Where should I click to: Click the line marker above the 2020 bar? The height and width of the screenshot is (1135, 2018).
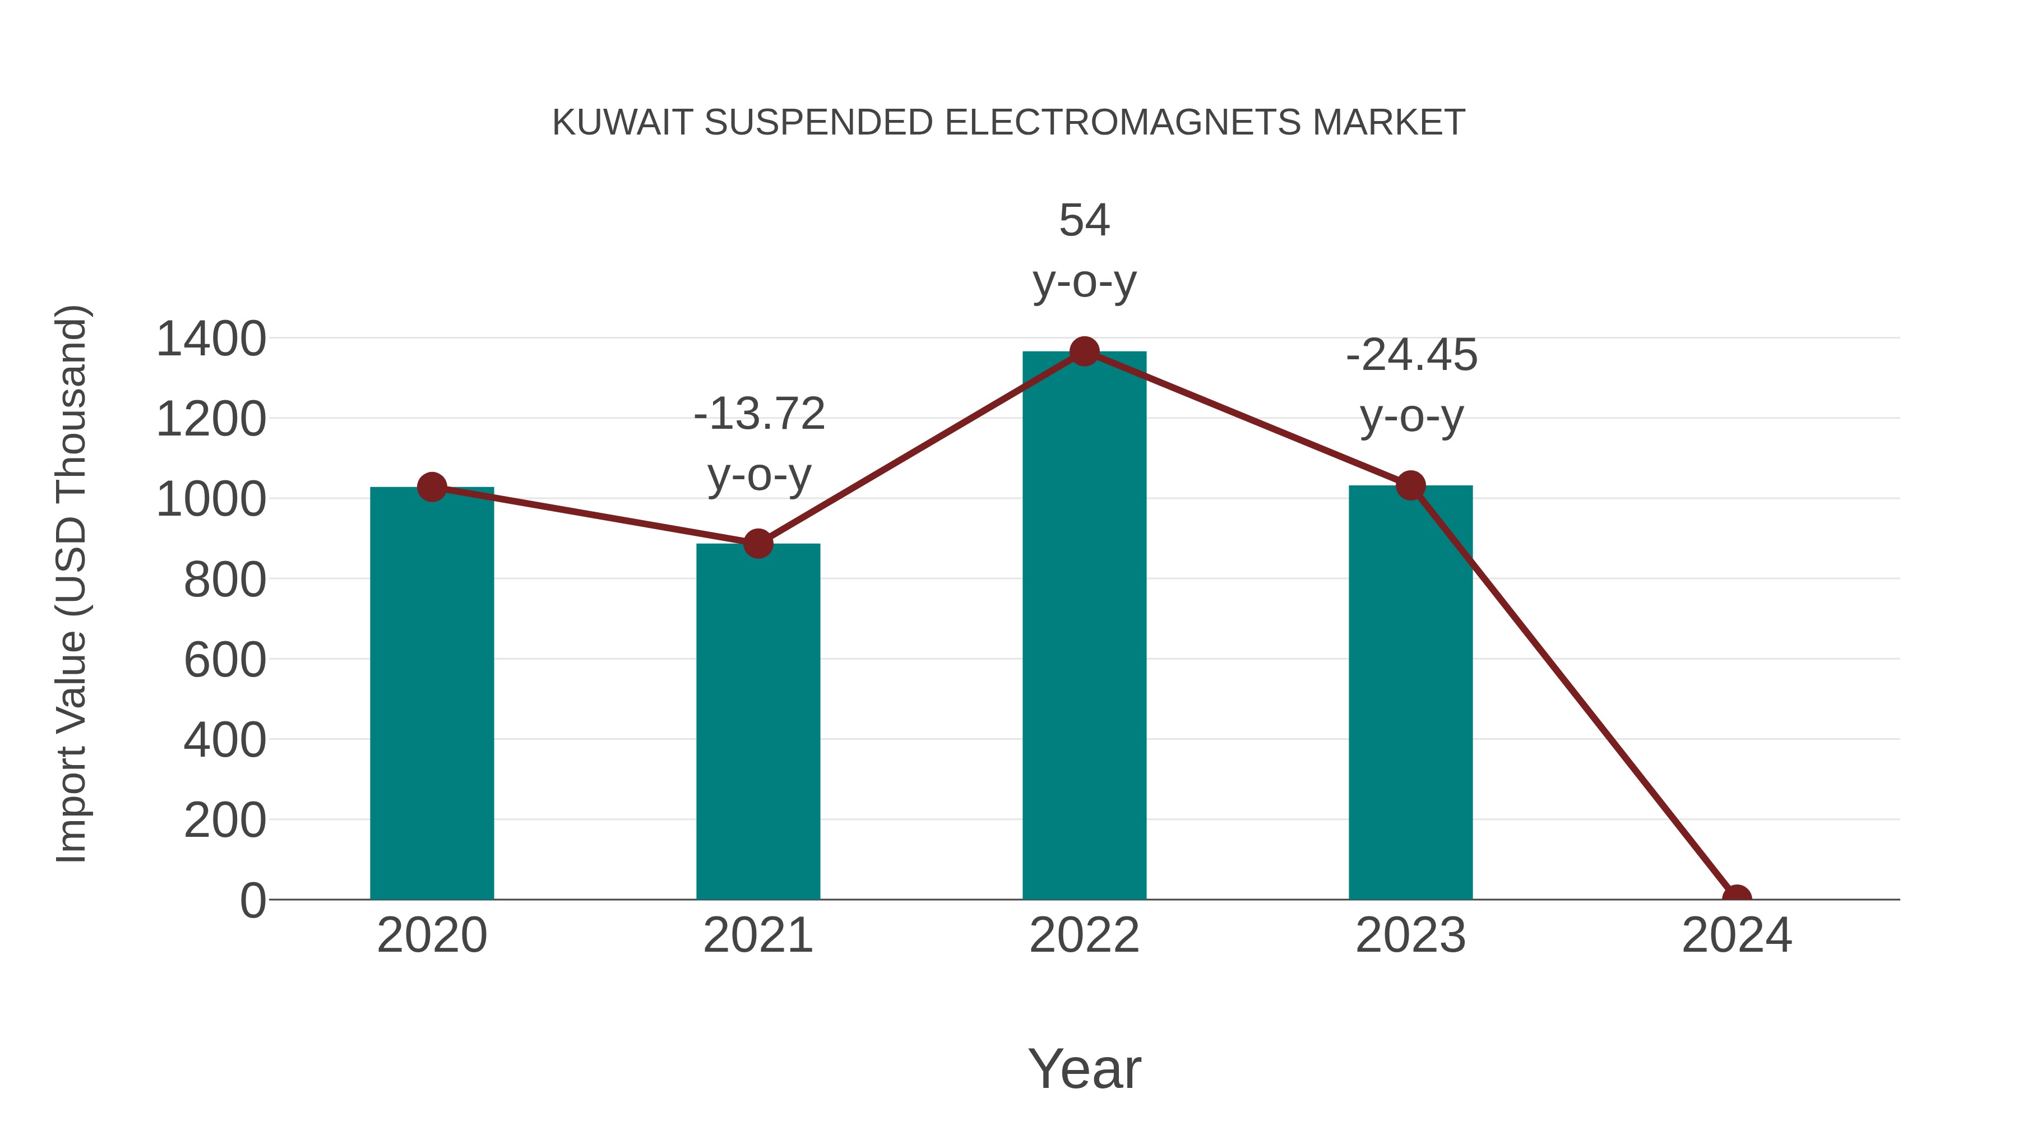[x=432, y=487]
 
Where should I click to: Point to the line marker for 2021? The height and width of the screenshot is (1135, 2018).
[x=757, y=543]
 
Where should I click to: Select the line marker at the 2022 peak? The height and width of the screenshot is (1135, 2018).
[x=1084, y=351]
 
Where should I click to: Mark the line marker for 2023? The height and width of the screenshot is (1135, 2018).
[x=1410, y=485]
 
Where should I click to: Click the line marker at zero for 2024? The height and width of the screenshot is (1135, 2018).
[x=1737, y=898]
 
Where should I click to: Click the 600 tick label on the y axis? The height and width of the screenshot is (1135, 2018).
[x=225, y=660]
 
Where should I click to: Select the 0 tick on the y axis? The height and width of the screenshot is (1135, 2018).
[x=252, y=900]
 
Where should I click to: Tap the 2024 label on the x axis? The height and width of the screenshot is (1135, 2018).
[x=1737, y=935]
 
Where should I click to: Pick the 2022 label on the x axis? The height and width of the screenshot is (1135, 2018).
[x=1084, y=935]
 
